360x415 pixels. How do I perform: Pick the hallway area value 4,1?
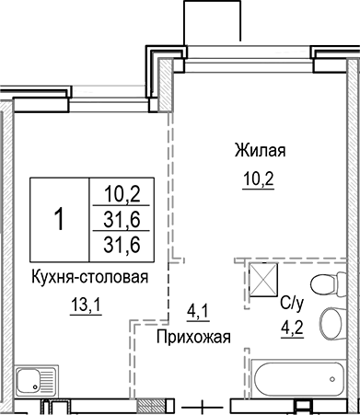coord(197,311)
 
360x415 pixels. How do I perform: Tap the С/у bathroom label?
coord(290,301)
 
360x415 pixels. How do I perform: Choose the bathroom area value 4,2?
coord(291,323)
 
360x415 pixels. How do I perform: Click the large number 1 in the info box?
coord(59,219)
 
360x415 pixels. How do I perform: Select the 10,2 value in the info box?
coord(120,193)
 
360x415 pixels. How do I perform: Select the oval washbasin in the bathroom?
coord(330,322)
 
